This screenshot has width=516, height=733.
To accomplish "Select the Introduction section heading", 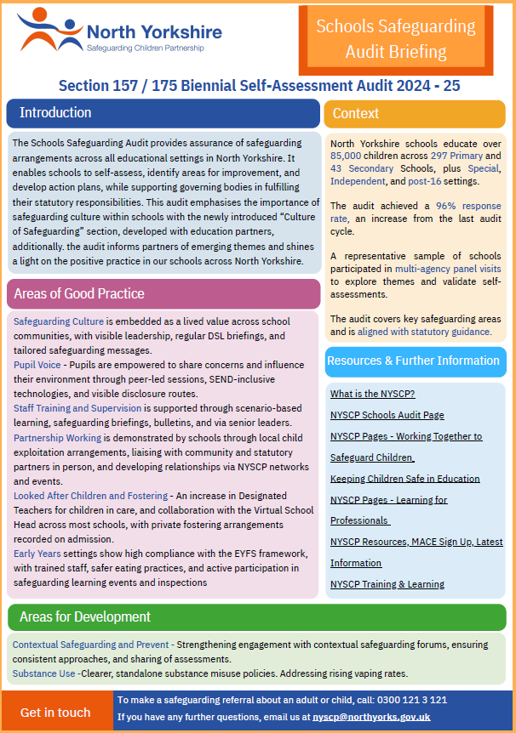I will coord(55,113).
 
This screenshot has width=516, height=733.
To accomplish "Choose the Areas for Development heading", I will coord(85,617).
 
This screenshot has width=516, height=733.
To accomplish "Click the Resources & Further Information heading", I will coord(415,361).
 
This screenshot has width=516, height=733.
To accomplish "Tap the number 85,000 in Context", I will coord(346,156).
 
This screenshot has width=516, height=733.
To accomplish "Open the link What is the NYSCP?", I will coord(372,394).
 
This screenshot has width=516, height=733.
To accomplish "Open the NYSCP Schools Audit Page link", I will coord(387,415).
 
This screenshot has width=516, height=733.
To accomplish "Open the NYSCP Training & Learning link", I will coord(387,584).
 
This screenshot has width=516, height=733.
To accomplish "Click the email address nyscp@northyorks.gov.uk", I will coord(371,717).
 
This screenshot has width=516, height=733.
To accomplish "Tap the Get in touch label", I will coord(55,713).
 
